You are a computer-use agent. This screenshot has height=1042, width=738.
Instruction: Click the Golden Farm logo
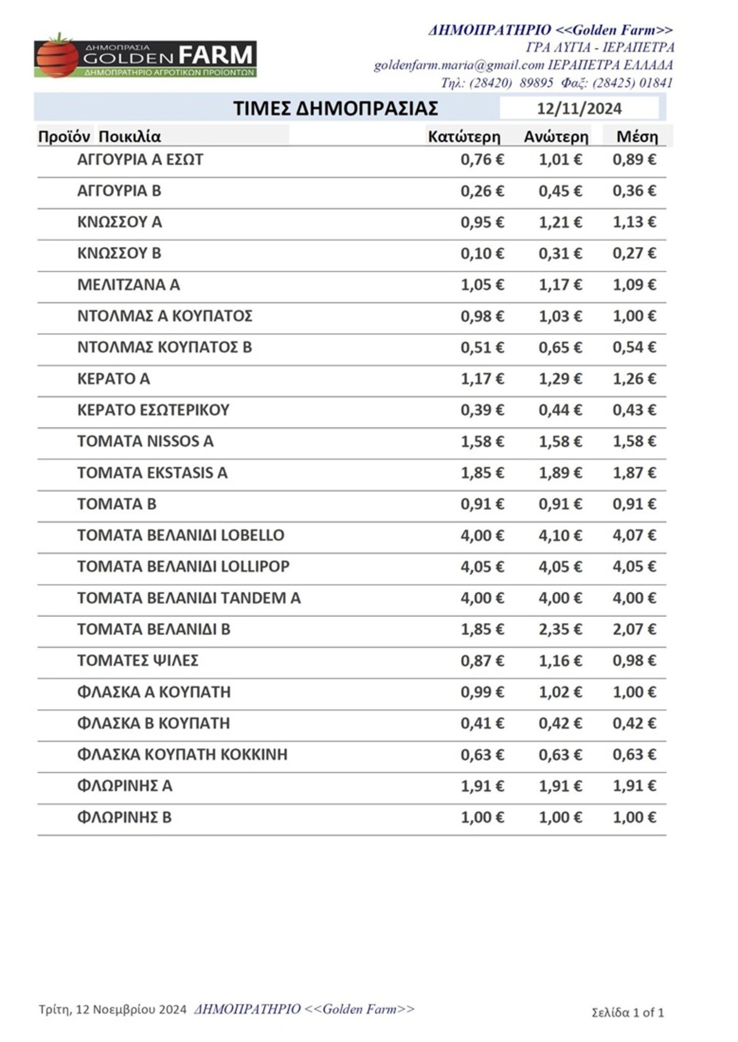pyautogui.click(x=145, y=57)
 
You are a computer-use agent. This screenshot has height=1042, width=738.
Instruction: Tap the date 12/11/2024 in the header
pyautogui.click(x=579, y=109)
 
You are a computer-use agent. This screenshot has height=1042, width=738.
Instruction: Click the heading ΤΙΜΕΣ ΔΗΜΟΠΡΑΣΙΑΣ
pyautogui.click(x=335, y=109)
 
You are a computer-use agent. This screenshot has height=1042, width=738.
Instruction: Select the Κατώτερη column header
pyautogui.click(x=464, y=137)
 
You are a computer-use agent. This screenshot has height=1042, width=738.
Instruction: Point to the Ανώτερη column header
pyautogui.click(x=556, y=137)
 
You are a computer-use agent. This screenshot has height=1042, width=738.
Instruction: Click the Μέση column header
pyautogui.click(x=637, y=137)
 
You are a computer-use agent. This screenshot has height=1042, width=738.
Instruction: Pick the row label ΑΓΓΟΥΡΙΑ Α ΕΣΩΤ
pyautogui.click(x=140, y=160)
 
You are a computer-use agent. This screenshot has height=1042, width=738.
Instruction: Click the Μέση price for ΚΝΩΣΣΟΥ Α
pyautogui.click(x=634, y=222)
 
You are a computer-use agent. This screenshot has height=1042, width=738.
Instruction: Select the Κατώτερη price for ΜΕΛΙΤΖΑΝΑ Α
pyautogui.click(x=482, y=285)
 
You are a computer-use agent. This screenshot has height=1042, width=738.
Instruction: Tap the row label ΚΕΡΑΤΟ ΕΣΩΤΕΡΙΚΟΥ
pyautogui.click(x=153, y=410)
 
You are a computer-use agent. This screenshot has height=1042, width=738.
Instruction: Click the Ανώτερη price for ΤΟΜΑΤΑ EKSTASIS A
pyautogui.click(x=560, y=473)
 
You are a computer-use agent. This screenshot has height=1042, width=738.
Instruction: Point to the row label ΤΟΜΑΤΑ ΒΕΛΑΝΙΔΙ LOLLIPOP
pyautogui.click(x=183, y=567)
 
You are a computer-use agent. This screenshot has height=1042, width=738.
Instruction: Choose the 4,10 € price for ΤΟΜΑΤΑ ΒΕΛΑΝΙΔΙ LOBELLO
pyautogui.click(x=560, y=536)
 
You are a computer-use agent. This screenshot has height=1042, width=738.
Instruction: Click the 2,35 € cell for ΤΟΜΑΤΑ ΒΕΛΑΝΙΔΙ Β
pyautogui.click(x=560, y=629)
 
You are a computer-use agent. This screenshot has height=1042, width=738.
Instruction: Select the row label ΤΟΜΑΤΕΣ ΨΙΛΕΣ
pyautogui.click(x=138, y=661)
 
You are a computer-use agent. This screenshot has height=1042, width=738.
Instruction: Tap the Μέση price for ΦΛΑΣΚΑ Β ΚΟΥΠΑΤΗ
pyautogui.click(x=634, y=723)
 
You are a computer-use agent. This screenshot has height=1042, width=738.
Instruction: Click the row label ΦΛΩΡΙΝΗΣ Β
pyautogui.click(x=124, y=817)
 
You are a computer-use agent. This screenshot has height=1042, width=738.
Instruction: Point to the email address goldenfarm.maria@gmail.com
pyautogui.click(x=459, y=65)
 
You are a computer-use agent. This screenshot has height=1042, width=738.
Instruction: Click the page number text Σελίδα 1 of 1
pyautogui.click(x=627, y=1012)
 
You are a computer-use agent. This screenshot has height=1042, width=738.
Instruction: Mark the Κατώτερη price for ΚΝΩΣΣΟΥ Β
pyautogui.click(x=482, y=253)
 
